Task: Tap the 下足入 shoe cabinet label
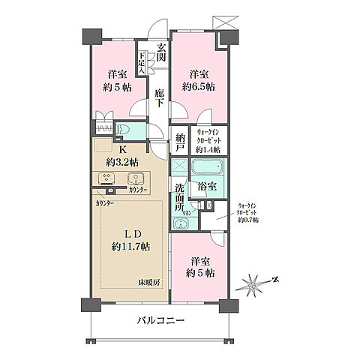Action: pyautogui.click(x=142, y=59)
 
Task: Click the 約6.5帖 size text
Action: pyautogui.click(x=199, y=87)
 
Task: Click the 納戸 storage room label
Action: pyautogui.click(x=180, y=142)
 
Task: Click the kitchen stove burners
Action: pyautogui.click(x=106, y=178)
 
